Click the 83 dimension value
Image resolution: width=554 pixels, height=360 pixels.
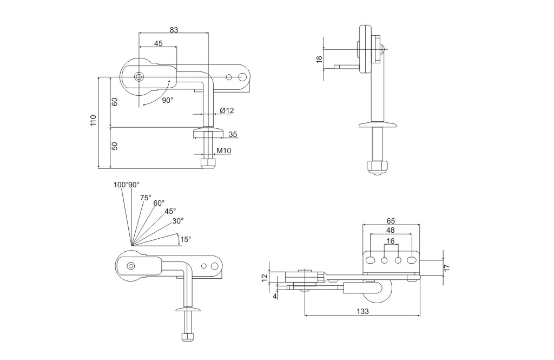coord(174,30)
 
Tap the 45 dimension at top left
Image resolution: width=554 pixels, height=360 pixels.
coord(159,43)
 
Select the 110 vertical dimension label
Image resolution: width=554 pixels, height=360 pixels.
coord(93,121)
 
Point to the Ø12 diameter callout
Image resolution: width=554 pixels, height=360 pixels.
coord(227,110)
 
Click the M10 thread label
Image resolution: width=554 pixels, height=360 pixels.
coord(223,150)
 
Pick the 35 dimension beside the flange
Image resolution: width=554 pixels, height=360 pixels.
coord(233,134)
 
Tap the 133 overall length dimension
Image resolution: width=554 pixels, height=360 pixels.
coord(362,311)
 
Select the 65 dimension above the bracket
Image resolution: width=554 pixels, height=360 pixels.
coord(391,221)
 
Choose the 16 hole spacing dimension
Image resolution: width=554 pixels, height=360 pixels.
coord(391,241)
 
